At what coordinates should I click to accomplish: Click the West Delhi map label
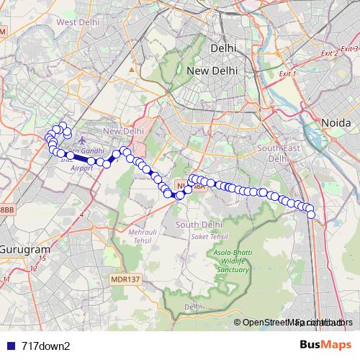(x=77, y=22)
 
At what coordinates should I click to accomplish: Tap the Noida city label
(x=335, y=123)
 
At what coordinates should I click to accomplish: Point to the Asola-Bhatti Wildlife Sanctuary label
(x=230, y=261)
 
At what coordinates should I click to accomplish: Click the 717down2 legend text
(x=46, y=346)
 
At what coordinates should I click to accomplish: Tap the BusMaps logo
(x=327, y=345)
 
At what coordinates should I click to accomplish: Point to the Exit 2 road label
(x=330, y=53)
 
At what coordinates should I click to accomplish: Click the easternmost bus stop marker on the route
(x=311, y=214)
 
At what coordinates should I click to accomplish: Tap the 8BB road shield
(x=6, y=209)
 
